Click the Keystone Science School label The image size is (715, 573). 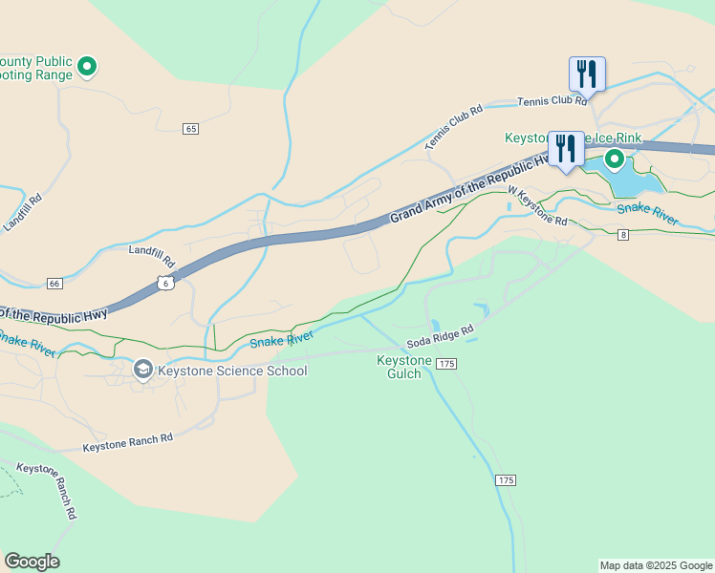point(232,371)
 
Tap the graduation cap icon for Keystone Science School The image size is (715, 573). point(142,370)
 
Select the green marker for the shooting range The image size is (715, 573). point(87,67)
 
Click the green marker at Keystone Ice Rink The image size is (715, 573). point(614,159)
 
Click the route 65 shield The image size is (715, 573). point(191,128)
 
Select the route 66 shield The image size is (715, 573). point(54,284)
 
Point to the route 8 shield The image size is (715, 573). point(622,234)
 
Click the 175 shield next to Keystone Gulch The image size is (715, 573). point(446,364)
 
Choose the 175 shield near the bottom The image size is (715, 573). point(506,479)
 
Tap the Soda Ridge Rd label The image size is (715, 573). point(440,336)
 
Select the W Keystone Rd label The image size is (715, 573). point(537,205)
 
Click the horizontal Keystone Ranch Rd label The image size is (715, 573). point(127,442)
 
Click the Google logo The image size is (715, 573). point(32,562)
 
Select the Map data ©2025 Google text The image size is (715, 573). point(655,565)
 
